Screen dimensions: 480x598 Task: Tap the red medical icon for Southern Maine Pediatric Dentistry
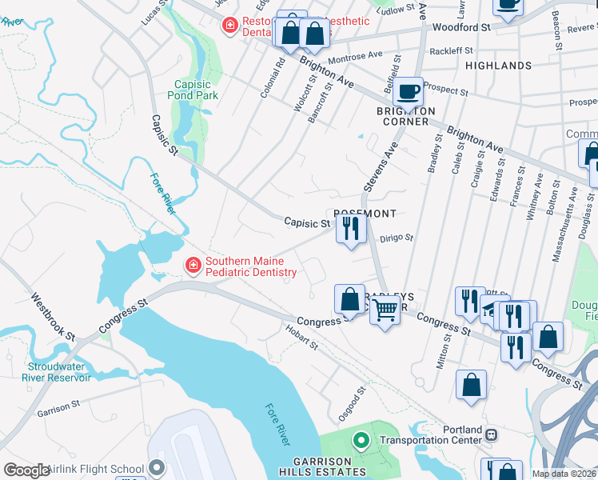click(193, 266)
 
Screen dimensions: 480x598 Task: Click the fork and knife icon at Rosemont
click(350, 229)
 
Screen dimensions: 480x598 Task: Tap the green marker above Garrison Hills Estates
click(361, 440)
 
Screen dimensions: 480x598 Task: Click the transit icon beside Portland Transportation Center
click(491, 434)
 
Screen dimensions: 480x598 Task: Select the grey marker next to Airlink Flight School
click(156, 469)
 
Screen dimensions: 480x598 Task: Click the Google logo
click(26, 470)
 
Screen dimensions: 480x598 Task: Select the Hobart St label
click(302, 337)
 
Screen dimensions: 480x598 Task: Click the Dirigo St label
click(396, 238)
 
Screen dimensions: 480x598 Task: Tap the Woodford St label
click(460, 27)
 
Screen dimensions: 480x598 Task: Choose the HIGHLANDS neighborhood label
click(498, 66)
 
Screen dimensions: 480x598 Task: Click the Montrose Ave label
click(356, 57)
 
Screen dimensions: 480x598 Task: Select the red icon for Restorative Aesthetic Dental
click(230, 26)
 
